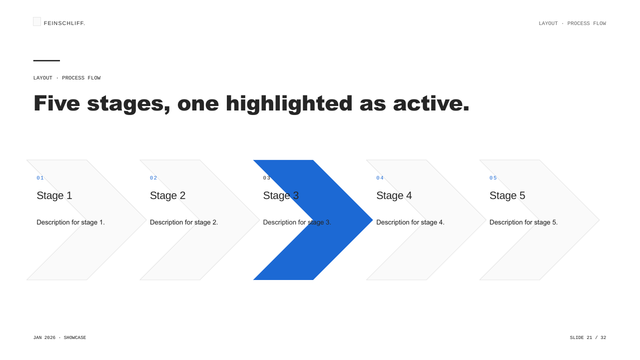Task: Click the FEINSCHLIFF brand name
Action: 64,23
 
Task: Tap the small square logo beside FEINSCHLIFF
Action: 37,21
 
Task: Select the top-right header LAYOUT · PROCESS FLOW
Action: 572,23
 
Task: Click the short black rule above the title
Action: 46,60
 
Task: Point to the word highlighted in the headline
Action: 289,103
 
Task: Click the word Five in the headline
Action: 57,103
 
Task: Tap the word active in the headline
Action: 431,103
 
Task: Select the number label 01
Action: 40,178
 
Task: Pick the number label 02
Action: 153,178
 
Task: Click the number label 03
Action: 267,178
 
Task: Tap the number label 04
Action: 380,178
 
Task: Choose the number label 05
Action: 493,178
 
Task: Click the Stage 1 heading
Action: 54,195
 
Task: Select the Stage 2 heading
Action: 168,195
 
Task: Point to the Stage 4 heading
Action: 394,195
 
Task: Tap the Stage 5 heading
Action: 508,195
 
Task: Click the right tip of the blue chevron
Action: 373,220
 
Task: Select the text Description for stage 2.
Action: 184,222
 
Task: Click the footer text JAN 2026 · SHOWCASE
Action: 60,337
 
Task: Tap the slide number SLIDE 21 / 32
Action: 588,337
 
